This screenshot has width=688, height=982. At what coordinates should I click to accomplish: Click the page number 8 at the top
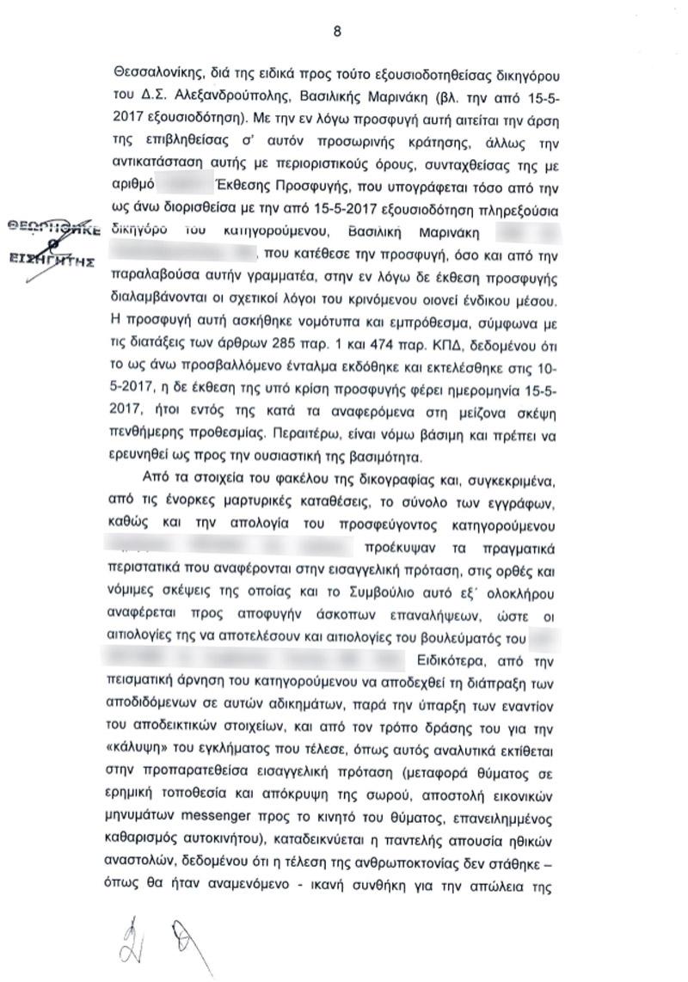[337, 32]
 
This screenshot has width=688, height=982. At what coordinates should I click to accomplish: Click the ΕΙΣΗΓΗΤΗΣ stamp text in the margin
[52, 260]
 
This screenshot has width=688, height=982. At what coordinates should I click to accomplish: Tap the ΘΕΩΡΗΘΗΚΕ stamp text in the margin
[52, 229]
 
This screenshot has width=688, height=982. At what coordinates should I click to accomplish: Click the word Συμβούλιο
[390, 592]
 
